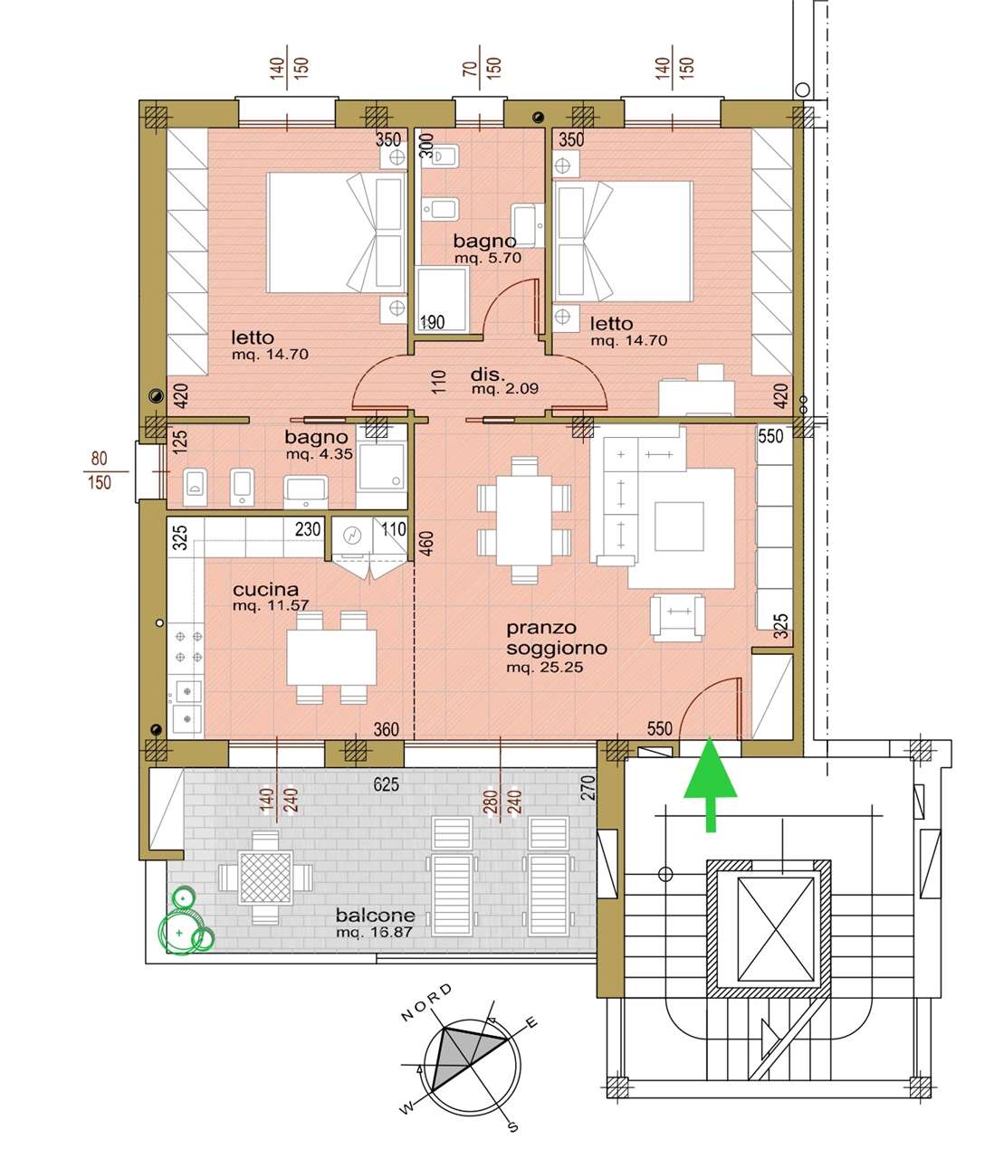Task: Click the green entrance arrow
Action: pyautogui.click(x=710, y=784)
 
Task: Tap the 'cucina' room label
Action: pyautogui.click(x=265, y=589)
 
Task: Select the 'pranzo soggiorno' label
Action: pyautogui.click(x=556, y=638)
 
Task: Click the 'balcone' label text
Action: pyautogui.click(x=375, y=916)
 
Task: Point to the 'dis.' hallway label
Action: pyautogui.click(x=487, y=374)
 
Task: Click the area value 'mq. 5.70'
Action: pyautogui.click(x=488, y=258)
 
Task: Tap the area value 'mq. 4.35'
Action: pyautogui.click(x=319, y=454)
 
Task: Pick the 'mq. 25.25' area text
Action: pyautogui.click(x=544, y=668)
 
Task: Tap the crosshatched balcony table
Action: pyautogui.click(x=265, y=878)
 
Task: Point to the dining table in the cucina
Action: pyautogui.click(x=331, y=657)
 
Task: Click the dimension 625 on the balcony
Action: pyautogui.click(x=386, y=784)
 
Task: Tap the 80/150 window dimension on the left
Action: pyautogui.click(x=100, y=470)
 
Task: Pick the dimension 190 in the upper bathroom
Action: pyautogui.click(x=432, y=322)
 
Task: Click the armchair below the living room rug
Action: pyautogui.click(x=676, y=617)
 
